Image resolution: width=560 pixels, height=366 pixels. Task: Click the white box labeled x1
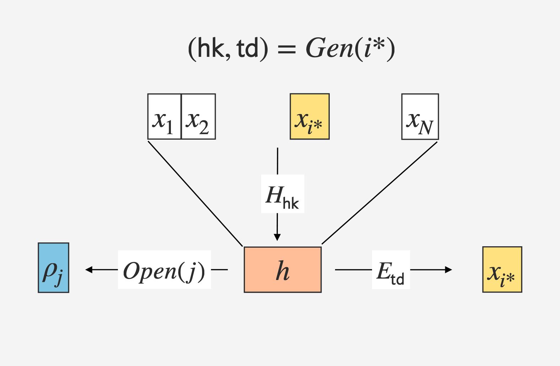pos(164,117)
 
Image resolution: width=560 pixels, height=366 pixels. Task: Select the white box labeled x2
pos(198,117)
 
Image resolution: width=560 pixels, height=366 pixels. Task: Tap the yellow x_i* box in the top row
pos(309,117)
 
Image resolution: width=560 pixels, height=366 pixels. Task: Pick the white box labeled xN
pos(420,117)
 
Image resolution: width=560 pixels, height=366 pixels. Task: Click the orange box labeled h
pos(282,270)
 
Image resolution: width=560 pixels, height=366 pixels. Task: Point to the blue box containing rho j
pos(53,268)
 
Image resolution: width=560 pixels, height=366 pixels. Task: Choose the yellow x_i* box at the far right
pos(502,269)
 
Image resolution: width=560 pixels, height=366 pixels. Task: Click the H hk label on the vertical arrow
pos(282,194)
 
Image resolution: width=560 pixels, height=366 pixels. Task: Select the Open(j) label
pos(164,270)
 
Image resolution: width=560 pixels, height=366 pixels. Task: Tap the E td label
pos(391,270)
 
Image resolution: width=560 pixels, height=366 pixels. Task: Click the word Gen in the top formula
pos(329,48)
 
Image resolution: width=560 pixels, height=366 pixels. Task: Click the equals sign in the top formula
pos(287,50)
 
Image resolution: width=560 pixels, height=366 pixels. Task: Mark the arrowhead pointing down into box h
pos(278,237)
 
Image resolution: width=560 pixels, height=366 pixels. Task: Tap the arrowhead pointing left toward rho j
pos(89,270)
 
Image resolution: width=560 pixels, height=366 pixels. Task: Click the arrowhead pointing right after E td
pos(448,270)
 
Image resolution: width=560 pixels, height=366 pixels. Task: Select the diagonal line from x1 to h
pos(195,194)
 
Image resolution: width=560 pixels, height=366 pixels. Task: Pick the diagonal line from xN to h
pos(379,193)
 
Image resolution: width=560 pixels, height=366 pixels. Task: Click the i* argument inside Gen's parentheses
pos(374,48)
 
